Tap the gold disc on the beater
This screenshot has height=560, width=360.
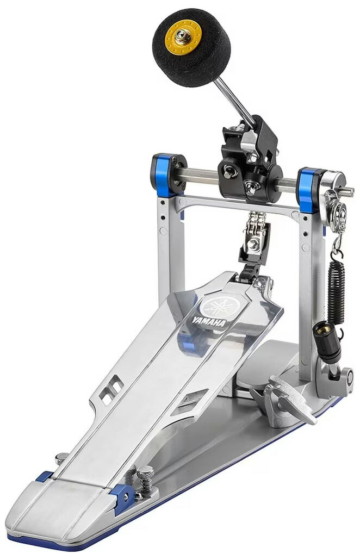[183, 36]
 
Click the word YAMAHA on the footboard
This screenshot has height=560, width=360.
[209, 320]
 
